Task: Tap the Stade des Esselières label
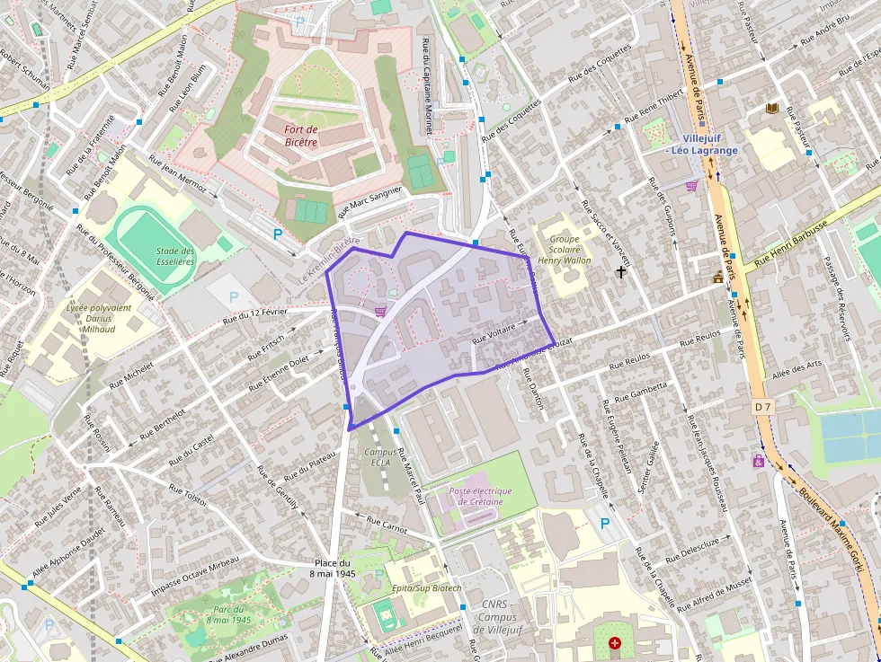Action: click(x=175, y=256)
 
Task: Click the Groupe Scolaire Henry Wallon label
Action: click(x=564, y=249)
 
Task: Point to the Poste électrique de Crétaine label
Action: click(x=480, y=496)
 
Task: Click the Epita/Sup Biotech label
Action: click(x=427, y=587)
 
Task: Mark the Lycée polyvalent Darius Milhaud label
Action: click(x=98, y=316)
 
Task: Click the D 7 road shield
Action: click(x=762, y=407)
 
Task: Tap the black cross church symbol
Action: click(x=620, y=270)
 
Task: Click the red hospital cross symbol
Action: click(x=615, y=643)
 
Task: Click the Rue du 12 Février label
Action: click(x=255, y=314)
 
